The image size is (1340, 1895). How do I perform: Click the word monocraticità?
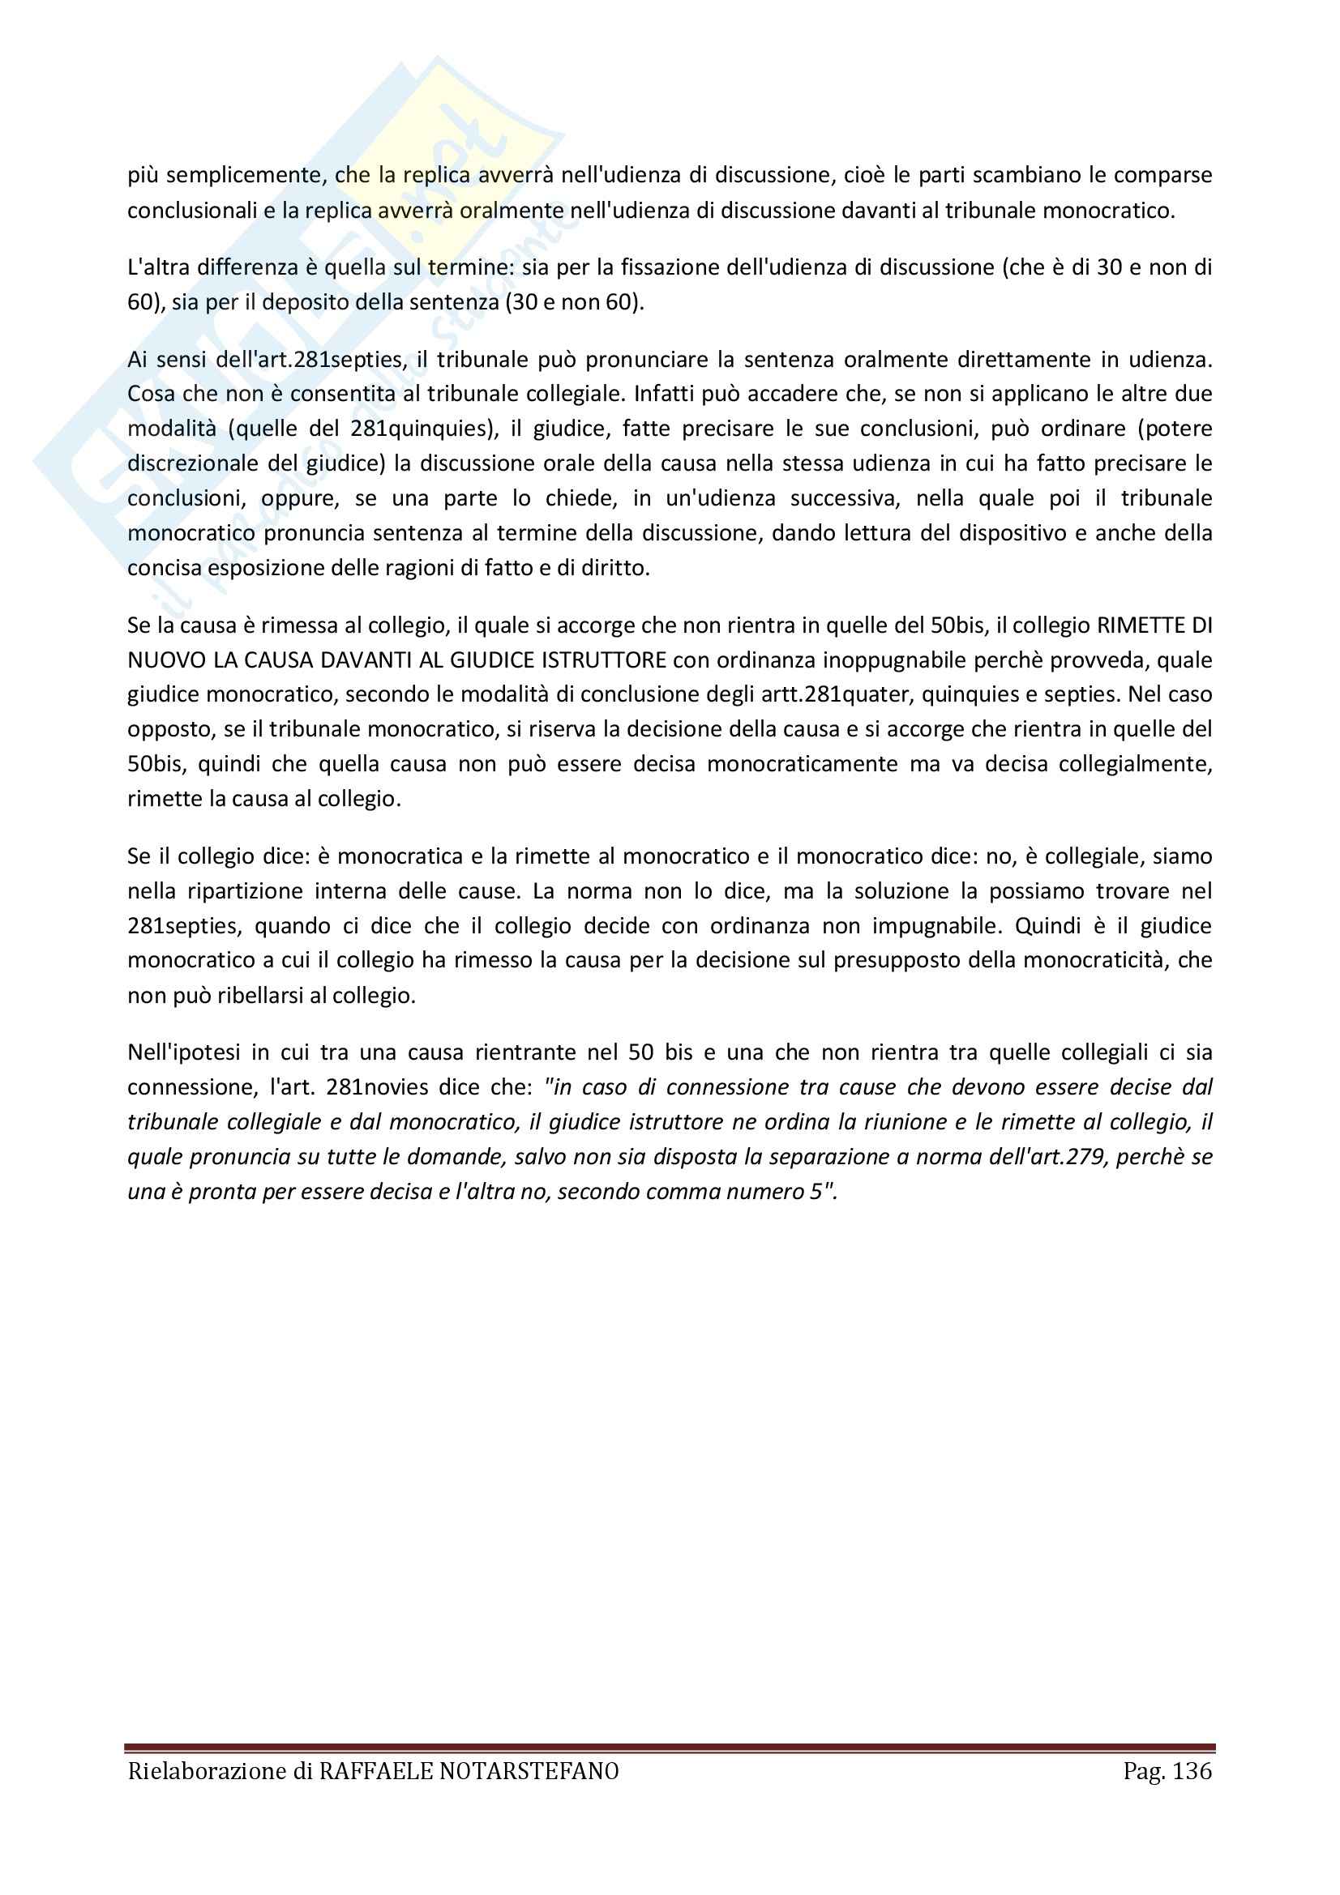pyautogui.click(x=1096, y=960)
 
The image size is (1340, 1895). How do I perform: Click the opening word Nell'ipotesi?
pyautogui.click(x=184, y=1052)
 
